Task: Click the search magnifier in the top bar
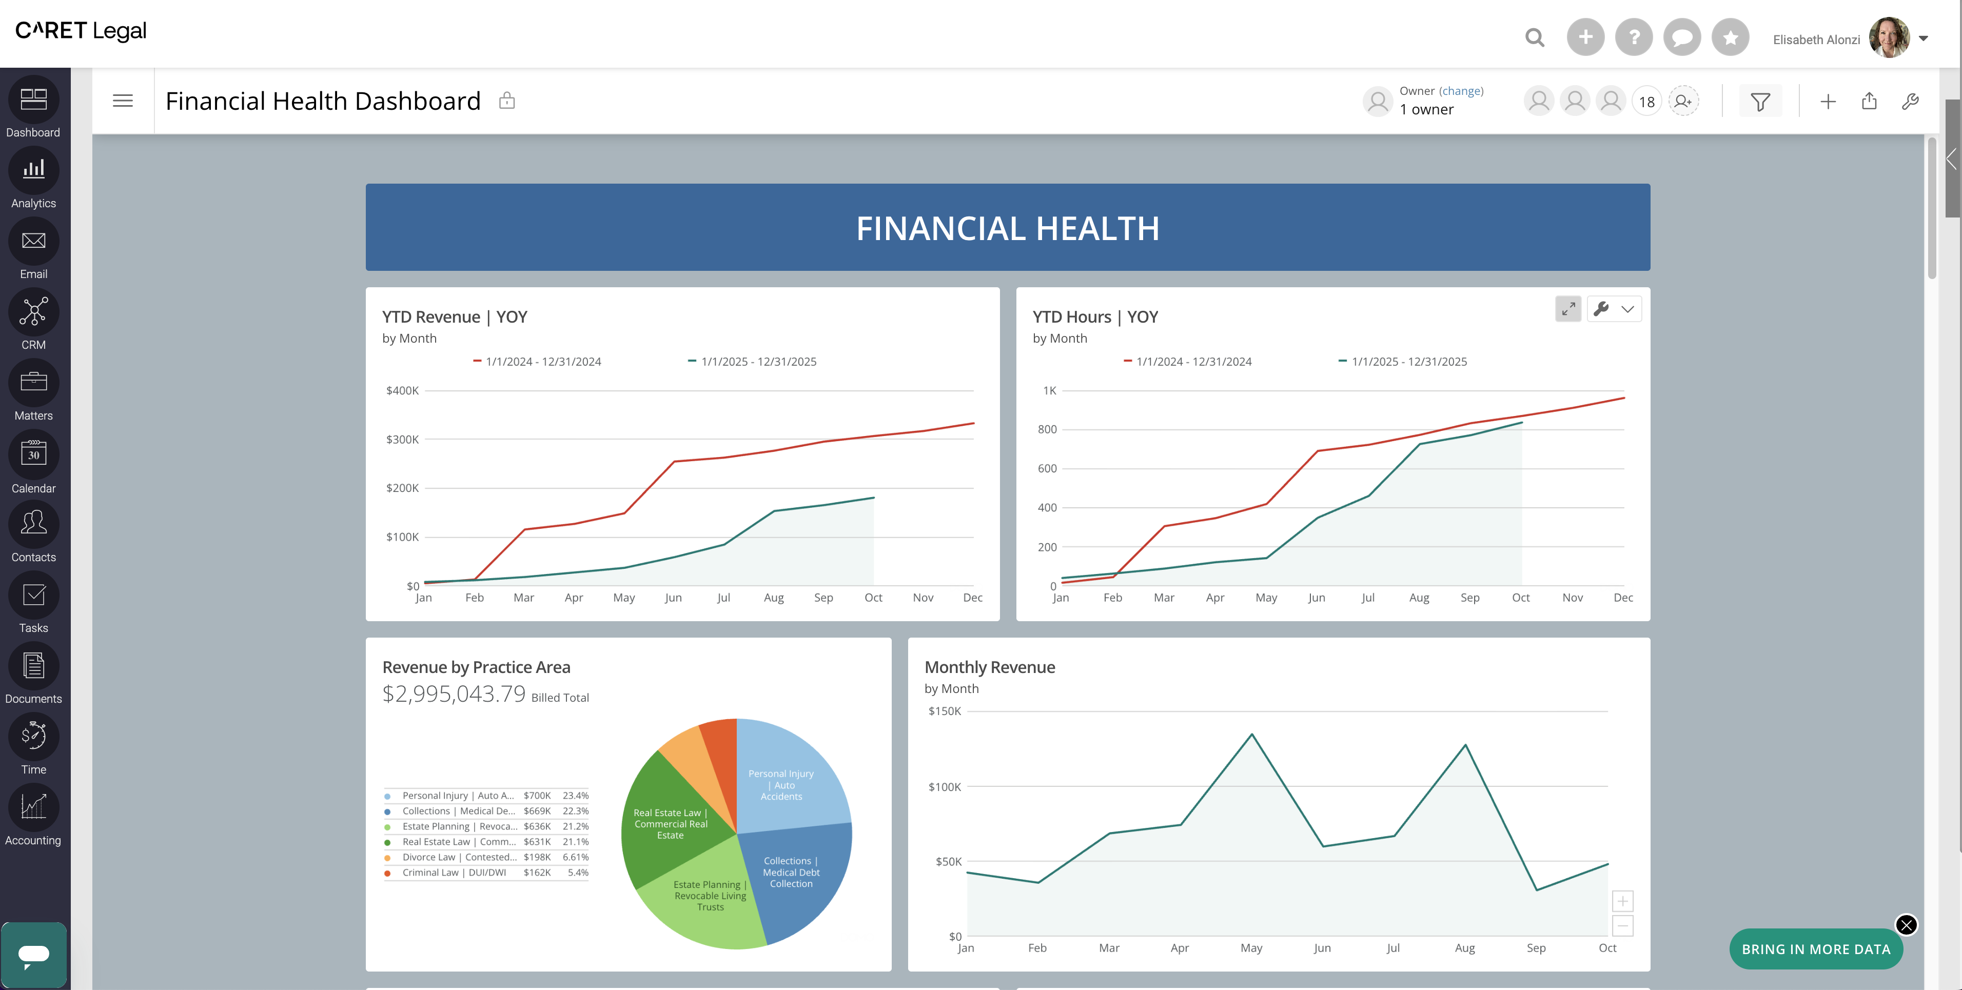pos(1535,37)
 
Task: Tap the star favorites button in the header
pos(1731,37)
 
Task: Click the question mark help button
pos(1634,37)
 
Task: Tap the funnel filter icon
pos(1760,101)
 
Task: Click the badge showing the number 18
pos(1646,101)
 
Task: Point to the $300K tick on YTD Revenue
pos(402,440)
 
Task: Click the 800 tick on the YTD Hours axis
pos(1047,429)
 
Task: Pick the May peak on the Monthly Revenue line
pos(1251,735)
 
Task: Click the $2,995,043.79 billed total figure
pos(454,694)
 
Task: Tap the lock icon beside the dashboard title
pos(506,101)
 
